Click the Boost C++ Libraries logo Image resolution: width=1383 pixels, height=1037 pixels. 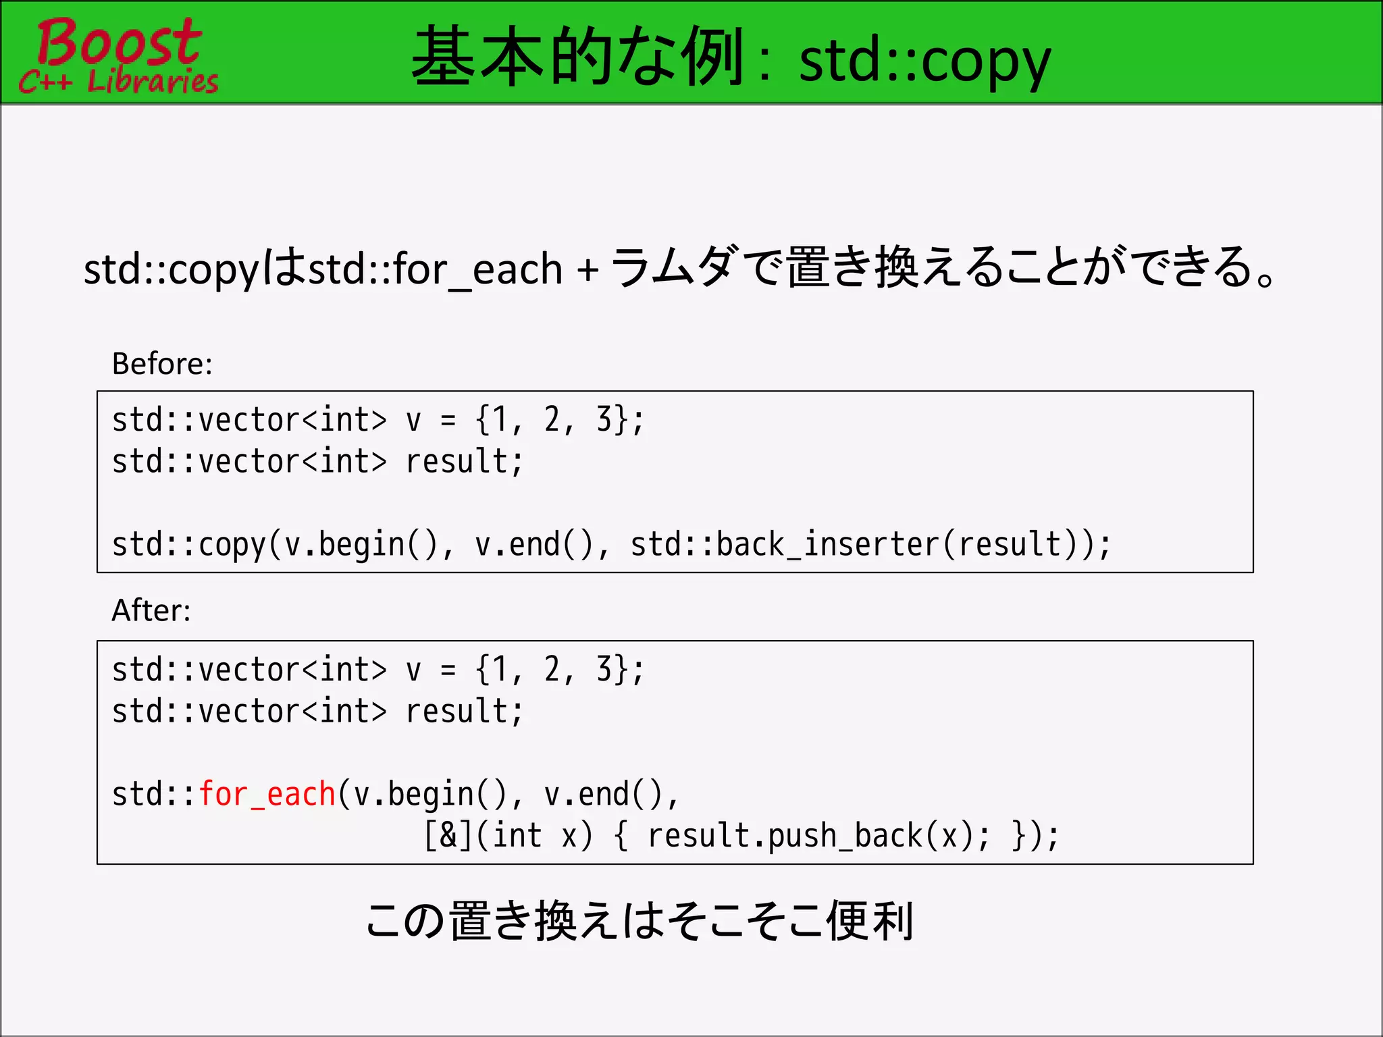118,55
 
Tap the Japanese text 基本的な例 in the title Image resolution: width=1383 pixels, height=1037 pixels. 577,57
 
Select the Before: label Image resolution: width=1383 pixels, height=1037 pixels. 162,364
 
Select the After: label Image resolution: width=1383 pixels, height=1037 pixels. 151,610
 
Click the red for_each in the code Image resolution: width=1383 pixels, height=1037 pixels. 267,794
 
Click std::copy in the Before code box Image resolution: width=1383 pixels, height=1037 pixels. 189,545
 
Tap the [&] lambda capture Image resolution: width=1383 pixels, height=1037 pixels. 448,836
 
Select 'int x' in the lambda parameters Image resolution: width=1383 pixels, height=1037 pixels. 534,836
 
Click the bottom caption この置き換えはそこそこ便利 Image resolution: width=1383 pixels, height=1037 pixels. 639,922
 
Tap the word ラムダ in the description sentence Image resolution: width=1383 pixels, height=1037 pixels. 673,267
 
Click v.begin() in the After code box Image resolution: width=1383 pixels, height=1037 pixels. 431,794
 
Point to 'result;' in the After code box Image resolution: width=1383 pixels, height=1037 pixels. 464,712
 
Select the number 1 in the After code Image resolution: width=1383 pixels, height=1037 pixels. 500,670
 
